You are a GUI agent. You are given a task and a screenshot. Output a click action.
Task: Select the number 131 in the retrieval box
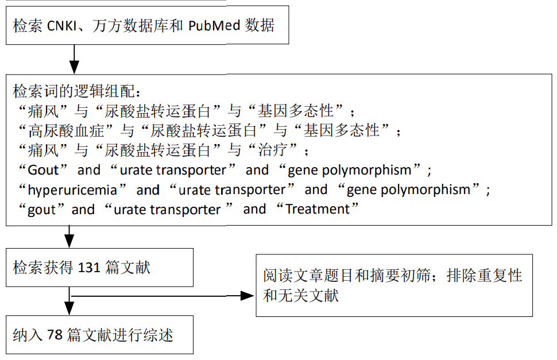pos(89,268)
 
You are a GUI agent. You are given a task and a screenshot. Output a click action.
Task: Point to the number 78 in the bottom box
pos(55,334)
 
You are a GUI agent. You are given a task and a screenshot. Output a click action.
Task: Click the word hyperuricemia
pos(72,190)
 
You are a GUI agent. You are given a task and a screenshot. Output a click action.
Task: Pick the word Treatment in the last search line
pos(318,209)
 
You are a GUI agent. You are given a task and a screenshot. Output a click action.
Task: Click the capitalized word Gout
pos(43,170)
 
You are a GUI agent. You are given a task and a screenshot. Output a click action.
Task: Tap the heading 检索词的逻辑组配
pos(74,91)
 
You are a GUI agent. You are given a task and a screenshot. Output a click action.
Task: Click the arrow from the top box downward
pos(74,59)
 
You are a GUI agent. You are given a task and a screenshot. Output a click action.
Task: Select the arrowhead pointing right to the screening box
pos(247,296)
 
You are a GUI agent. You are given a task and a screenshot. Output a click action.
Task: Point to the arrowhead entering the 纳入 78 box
pos(69,308)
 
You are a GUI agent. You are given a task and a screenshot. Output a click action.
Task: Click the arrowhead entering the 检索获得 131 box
pos(69,241)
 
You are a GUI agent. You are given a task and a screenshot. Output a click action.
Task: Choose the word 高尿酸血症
pos(66,131)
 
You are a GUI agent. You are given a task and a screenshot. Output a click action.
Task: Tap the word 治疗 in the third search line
pos(272,150)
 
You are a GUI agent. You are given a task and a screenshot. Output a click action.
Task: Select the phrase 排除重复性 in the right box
pos(484,276)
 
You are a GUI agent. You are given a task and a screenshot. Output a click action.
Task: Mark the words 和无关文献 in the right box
pos(301,295)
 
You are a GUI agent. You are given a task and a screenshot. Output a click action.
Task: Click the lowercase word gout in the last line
pos(42,210)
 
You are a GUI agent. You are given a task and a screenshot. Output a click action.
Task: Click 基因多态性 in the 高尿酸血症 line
pos(341,131)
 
